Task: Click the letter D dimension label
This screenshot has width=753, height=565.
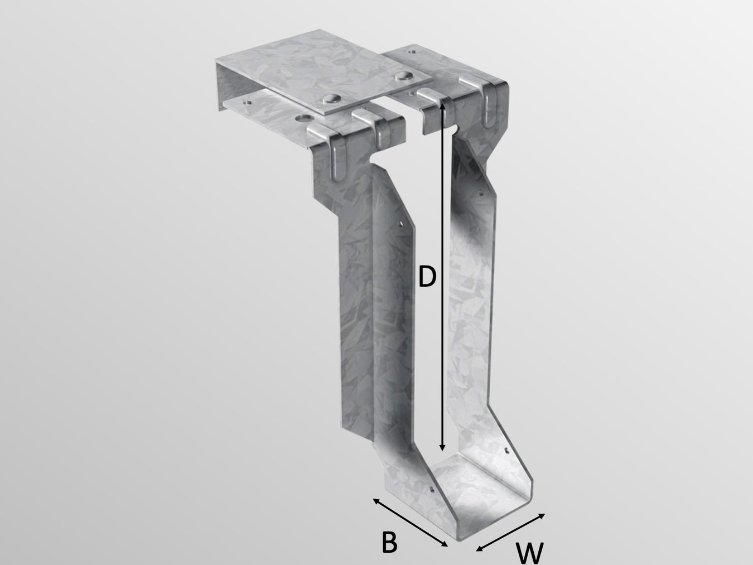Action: click(x=427, y=277)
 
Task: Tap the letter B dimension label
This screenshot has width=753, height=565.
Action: click(x=389, y=542)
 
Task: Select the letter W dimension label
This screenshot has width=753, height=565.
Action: click(x=529, y=553)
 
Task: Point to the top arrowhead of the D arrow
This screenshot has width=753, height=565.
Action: click(x=443, y=105)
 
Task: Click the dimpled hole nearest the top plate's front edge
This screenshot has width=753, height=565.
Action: click(x=331, y=99)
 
